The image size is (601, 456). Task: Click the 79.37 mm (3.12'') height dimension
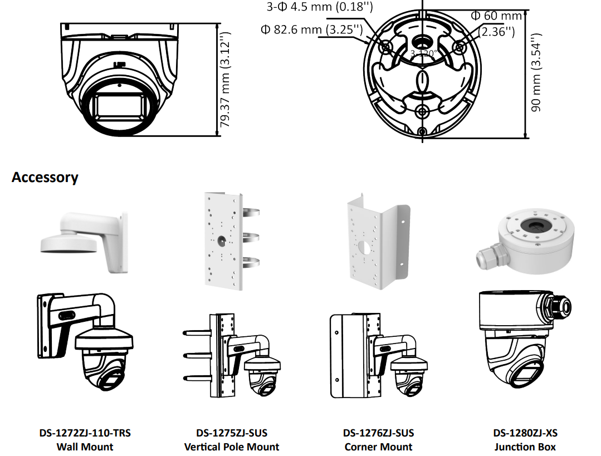coord(225,80)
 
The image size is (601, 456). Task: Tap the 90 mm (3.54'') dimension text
coord(536,72)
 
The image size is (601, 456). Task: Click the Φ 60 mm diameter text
coord(496,16)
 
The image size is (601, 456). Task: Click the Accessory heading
coord(45,178)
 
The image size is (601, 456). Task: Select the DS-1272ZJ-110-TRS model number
coord(85,433)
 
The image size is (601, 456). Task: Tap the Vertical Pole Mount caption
coord(232,447)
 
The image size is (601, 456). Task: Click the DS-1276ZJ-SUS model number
coord(379,433)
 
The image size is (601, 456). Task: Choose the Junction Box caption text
coord(525,447)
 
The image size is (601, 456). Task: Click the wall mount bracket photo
coord(84,241)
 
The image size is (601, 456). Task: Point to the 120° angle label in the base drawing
coord(424,54)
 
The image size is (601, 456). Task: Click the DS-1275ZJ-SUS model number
coord(231,433)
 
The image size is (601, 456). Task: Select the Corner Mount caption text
coord(379,447)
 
